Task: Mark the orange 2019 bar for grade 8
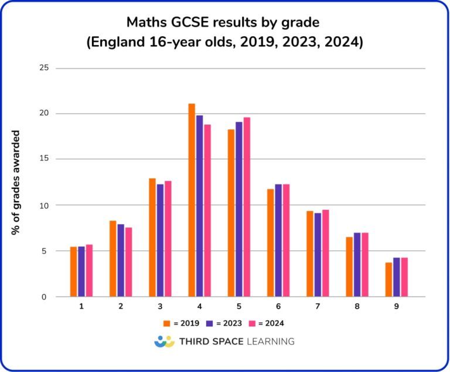(349, 267)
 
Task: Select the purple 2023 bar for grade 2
(121, 260)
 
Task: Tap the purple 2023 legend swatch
(209, 323)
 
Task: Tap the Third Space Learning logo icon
(165, 342)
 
